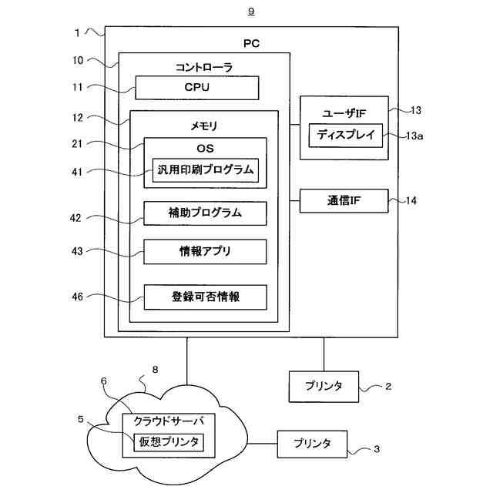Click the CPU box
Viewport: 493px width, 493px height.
pos(197,88)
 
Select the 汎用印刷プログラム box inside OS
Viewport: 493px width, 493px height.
pos(206,170)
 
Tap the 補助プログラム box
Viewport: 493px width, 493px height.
pos(206,213)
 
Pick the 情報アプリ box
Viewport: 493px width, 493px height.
pos(206,252)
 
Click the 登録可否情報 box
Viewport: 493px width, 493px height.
pos(206,297)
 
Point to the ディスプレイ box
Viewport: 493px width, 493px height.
pos(346,136)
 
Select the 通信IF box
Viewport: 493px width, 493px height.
pos(344,201)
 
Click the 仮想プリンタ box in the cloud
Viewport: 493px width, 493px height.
pos(169,442)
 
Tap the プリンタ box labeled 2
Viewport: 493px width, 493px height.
pos(324,387)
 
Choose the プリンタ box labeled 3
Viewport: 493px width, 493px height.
pos(312,444)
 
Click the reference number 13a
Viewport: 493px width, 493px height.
pos(414,136)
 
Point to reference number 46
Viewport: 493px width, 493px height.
pos(77,297)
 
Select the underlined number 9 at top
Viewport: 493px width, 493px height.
pos(251,12)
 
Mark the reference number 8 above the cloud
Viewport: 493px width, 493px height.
pos(155,370)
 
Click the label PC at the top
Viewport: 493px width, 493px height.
pos(252,43)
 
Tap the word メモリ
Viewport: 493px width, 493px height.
pos(204,126)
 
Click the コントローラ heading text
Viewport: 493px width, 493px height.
pos(204,67)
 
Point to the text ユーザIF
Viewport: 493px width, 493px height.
pos(344,113)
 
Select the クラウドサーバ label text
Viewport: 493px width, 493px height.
pos(169,421)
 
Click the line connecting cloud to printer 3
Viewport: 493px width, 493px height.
pos(262,444)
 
